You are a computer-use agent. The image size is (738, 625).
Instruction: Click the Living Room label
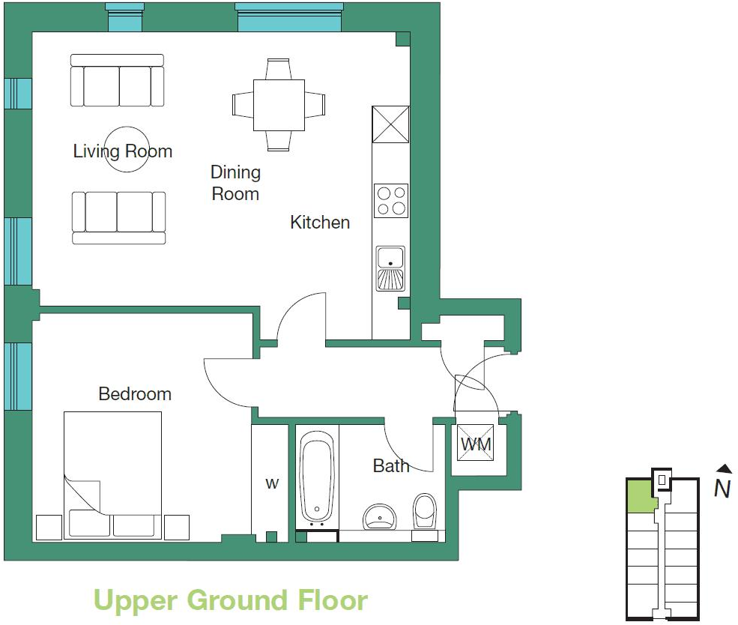tap(122, 151)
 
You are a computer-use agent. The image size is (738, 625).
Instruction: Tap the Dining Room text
tap(235, 183)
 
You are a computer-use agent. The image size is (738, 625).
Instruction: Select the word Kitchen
tap(320, 222)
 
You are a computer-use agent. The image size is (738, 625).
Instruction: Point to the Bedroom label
tap(135, 394)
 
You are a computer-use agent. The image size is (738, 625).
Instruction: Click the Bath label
tap(390, 466)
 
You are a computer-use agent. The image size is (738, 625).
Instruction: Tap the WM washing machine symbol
tap(475, 443)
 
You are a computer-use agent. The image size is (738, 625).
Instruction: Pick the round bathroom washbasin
tap(380, 516)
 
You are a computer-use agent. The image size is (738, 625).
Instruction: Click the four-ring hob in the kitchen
tap(391, 201)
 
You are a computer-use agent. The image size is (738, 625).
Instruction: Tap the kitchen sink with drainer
tap(390, 268)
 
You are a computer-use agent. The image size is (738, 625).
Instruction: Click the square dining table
tap(279, 105)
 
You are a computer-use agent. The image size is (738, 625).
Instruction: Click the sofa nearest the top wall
tap(117, 80)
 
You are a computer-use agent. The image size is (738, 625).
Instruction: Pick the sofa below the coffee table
tap(118, 218)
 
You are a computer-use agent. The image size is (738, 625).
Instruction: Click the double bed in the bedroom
tap(113, 475)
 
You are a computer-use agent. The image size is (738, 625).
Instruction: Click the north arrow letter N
tap(722, 489)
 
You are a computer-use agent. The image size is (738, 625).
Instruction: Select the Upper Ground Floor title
tap(231, 600)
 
